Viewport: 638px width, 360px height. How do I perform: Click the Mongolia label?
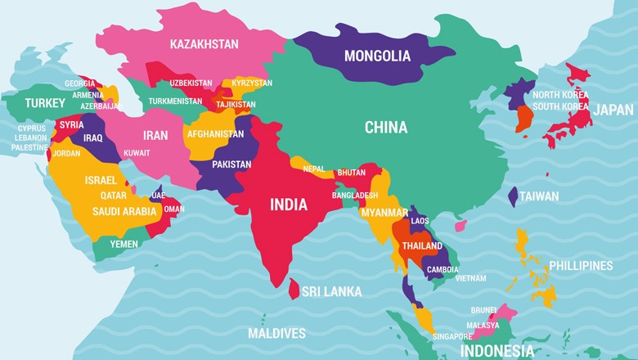click(x=377, y=56)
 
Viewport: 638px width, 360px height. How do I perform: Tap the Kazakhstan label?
click(x=204, y=43)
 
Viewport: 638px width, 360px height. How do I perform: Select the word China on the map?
click(x=386, y=127)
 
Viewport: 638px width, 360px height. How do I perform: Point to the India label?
click(x=289, y=204)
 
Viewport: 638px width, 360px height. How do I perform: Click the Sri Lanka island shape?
click(x=294, y=288)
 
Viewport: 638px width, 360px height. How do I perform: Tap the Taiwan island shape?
click(x=513, y=196)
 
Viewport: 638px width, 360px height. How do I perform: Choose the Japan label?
click(x=613, y=110)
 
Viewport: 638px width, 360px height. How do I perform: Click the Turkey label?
click(x=45, y=103)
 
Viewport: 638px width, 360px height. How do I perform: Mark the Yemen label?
click(x=124, y=244)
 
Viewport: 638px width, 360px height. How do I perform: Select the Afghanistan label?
click(x=215, y=133)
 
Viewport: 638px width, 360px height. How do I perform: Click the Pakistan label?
click(x=231, y=164)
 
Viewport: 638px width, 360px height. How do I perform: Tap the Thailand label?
click(x=422, y=246)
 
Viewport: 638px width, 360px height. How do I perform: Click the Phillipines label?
click(x=581, y=266)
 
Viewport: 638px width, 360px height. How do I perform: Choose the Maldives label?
click(x=276, y=333)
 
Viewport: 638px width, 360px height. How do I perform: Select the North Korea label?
click(x=560, y=93)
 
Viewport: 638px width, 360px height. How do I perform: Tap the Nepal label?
click(x=313, y=169)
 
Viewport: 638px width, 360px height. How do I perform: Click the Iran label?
click(x=155, y=135)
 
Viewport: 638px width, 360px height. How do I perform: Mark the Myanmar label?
click(x=384, y=213)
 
